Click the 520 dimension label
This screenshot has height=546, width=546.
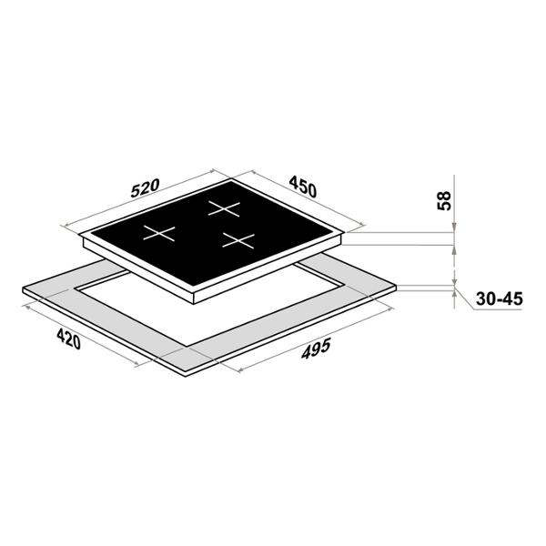tap(146, 188)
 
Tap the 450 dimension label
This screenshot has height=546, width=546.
tap(303, 187)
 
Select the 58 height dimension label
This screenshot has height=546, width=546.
tap(444, 200)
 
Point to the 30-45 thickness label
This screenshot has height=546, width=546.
tap(500, 298)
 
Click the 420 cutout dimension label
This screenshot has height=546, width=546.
tap(69, 339)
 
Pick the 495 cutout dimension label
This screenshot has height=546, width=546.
tap(316, 349)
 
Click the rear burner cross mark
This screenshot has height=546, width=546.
tap(224, 208)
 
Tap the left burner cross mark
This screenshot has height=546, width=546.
tap(159, 233)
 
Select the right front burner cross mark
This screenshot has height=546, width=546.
tap(238, 240)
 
